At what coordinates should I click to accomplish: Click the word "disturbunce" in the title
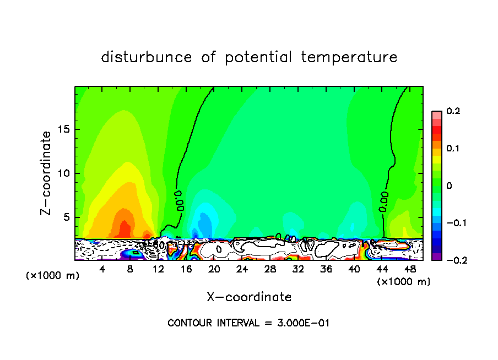pos(147,57)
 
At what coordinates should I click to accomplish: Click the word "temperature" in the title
pos(349,57)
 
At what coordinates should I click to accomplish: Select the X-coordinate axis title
pos(249,297)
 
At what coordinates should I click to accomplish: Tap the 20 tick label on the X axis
pos(214,269)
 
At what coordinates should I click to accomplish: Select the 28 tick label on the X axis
pos(270,269)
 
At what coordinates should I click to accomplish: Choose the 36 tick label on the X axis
pos(326,269)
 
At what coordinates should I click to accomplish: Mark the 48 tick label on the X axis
pos(410,269)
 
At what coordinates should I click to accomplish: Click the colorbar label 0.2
pos(453,111)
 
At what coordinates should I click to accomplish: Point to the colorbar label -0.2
pos(453,260)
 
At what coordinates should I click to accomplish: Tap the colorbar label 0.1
pos(453,149)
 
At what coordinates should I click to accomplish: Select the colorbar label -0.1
pos(453,223)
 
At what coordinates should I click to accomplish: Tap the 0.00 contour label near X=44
pos(384,202)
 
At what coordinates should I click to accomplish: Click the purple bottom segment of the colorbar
pos(436,256)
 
